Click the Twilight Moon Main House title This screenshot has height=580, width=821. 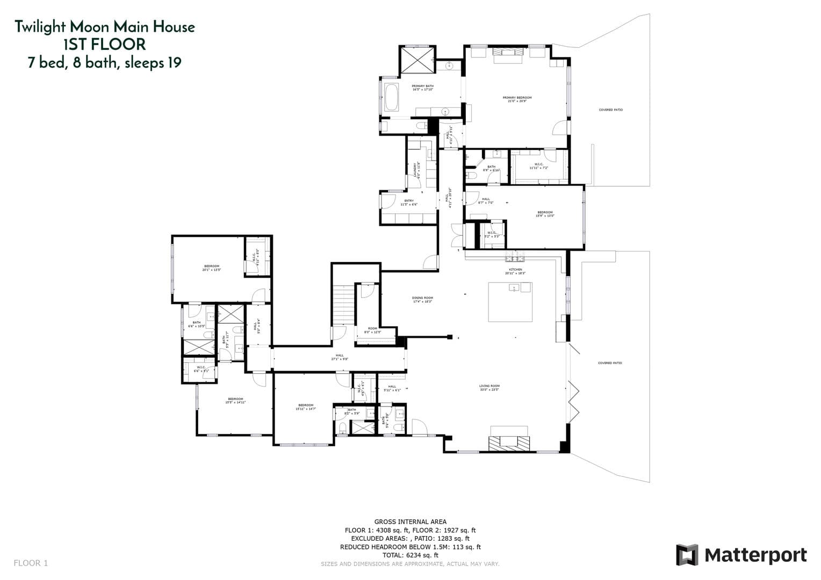104,27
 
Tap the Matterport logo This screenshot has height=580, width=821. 741,555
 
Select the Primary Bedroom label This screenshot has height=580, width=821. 517,99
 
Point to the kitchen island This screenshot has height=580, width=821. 510,302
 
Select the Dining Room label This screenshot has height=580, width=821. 422,300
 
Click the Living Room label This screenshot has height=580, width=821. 489,387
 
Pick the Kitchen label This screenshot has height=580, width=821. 515,271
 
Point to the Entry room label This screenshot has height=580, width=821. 409,202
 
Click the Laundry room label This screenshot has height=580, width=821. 416,170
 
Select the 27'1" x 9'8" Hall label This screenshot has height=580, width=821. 340,357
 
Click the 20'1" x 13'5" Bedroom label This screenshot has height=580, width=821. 212,268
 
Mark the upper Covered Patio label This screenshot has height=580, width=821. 610,110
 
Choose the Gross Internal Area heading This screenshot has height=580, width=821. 410,521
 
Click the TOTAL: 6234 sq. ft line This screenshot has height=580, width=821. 410,555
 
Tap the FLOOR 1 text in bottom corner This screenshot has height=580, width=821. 31,563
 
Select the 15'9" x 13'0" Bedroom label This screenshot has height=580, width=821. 544,214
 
